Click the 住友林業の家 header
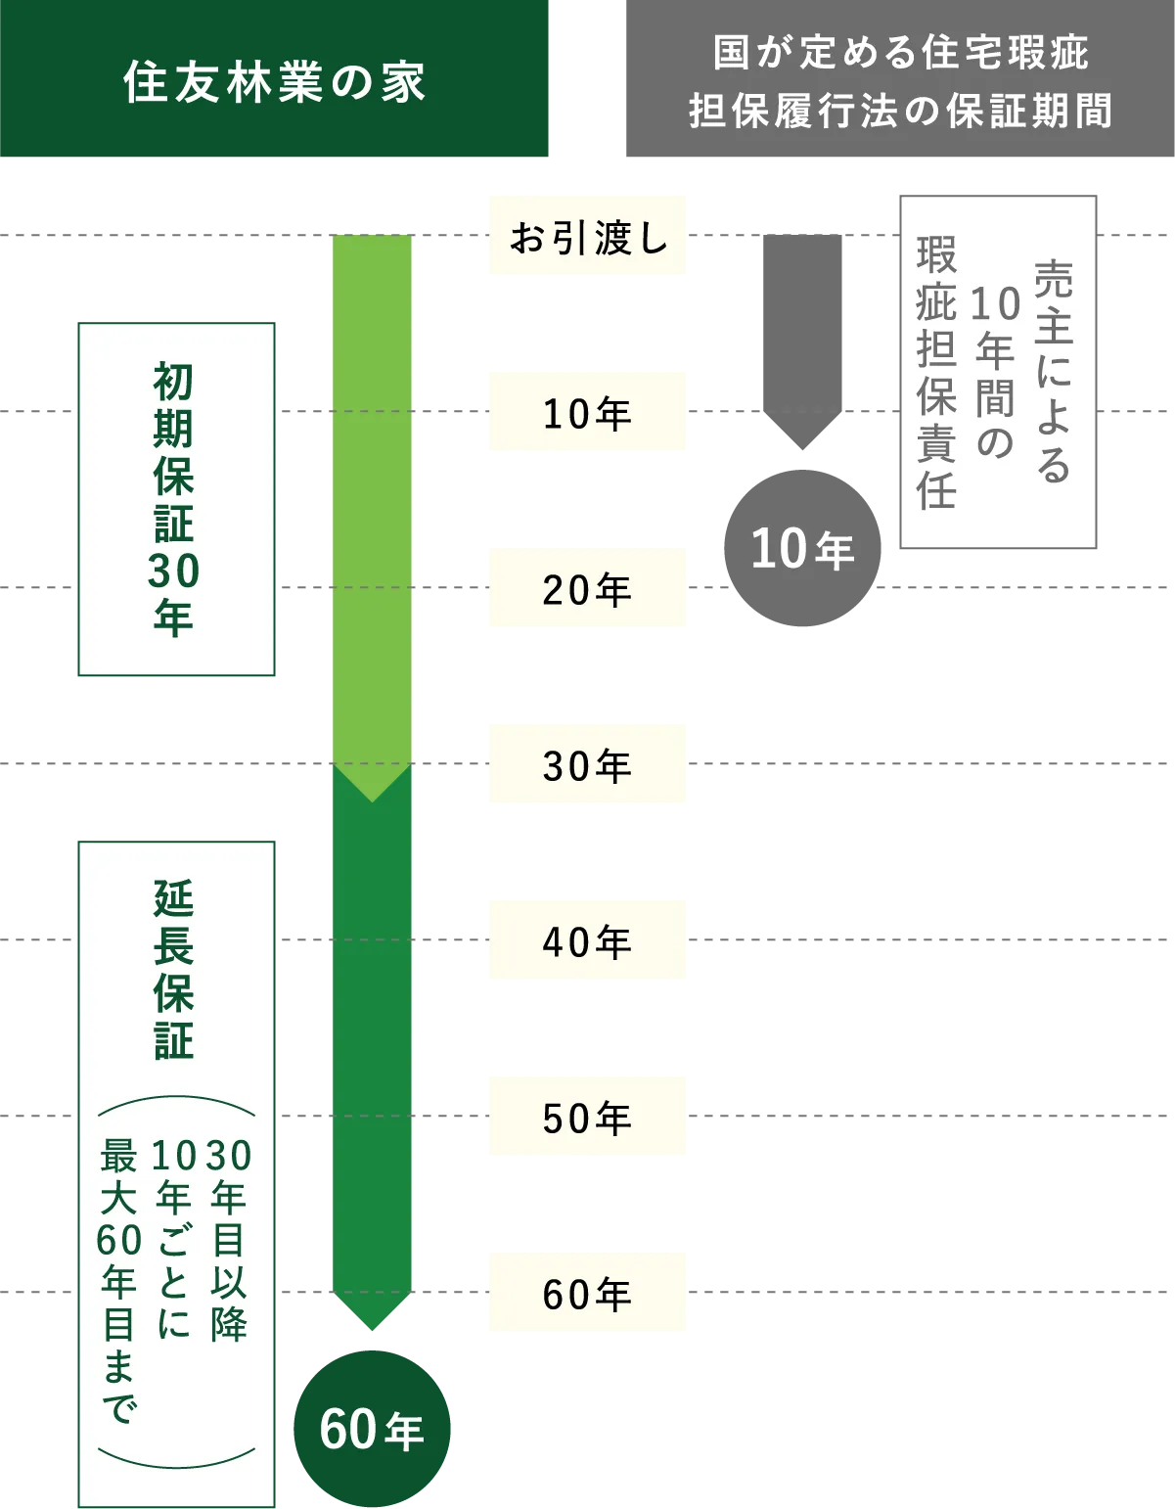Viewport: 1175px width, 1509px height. click(276, 82)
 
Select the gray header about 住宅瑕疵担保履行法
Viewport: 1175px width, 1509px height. click(900, 82)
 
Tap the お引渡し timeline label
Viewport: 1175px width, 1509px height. click(587, 239)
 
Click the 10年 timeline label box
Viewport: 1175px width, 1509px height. click(587, 412)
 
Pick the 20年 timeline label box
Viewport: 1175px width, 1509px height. click(587, 591)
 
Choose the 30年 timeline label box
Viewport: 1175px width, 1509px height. click(587, 764)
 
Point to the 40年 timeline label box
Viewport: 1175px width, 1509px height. click(587, 943)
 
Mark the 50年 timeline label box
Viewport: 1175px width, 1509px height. click(587, 1117)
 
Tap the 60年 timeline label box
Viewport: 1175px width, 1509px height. click(587, 1296)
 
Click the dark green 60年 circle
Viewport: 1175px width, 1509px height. click(372, 1430)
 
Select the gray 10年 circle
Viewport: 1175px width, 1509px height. click(802, 550)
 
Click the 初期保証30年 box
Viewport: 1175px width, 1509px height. click(175, 499)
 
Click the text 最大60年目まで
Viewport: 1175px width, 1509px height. click(119, 1282)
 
